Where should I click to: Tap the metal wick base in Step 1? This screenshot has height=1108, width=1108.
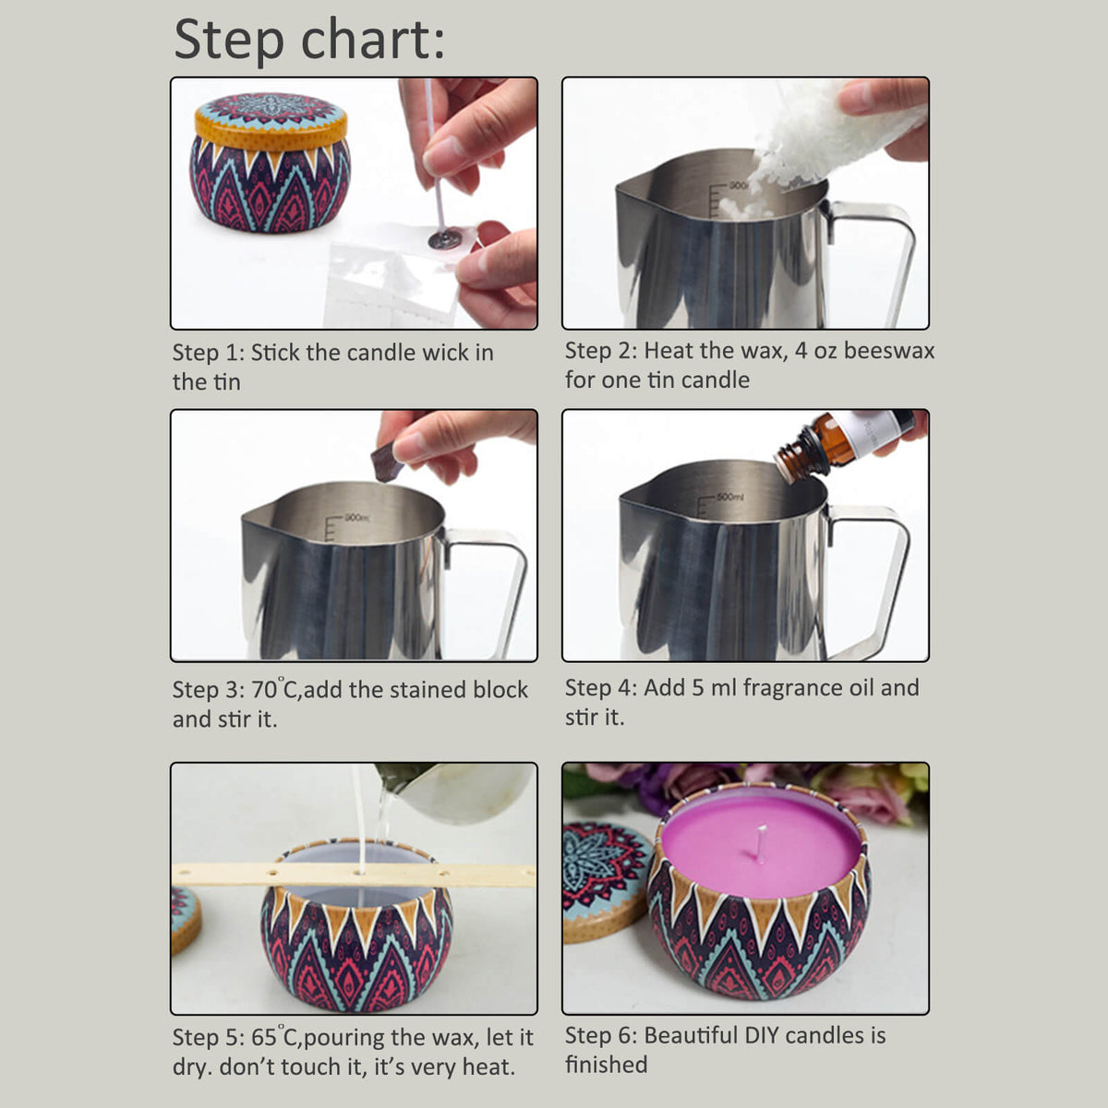click(441, 238)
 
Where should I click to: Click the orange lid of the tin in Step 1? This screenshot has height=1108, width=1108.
click(271, 122)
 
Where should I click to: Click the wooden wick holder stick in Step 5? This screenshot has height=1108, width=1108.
click(354, 874)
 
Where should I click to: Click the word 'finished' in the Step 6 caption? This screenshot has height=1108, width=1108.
click(606, 1065)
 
